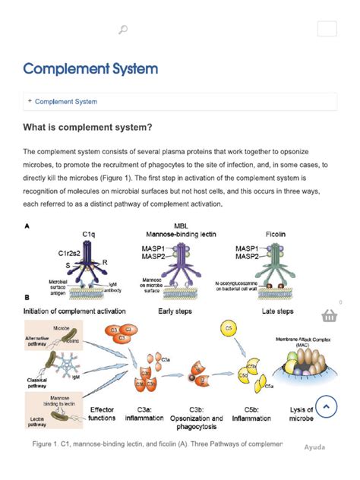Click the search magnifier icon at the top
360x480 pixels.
(123, 30)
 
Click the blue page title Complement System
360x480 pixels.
(90, 69)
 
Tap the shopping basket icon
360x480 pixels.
(330, 315)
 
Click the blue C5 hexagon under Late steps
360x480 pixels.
(229, 327)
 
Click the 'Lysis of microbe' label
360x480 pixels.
(301, 414)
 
